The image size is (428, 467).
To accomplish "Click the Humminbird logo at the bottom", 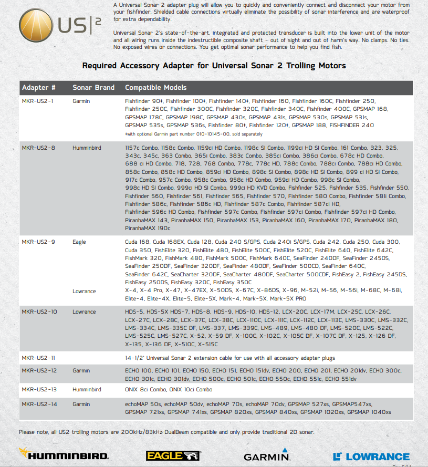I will (x=64, y=455).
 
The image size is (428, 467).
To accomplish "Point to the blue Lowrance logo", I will (x=371, y=456).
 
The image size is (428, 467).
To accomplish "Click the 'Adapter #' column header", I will (x=39, y=87).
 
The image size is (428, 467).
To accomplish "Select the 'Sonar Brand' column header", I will (x=93, y=87).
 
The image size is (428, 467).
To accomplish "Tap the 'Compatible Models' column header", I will (x=155, y=87).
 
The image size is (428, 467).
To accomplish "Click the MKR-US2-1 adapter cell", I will (x=37, y=100).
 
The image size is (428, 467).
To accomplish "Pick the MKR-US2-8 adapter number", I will (x=38, y=148).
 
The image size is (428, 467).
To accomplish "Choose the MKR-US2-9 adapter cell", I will (x=38, y=242).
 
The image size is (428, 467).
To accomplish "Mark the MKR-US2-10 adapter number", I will (x=39, y=312).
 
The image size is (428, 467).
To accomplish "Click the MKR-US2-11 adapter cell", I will (x=38, y=358).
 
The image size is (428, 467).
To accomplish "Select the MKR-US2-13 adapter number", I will (x=39, y=390).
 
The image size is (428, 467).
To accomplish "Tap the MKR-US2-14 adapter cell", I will (x=39, y=404).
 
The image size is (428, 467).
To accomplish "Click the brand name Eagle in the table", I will (x=79, y=242).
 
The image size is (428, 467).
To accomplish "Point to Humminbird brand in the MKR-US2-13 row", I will (x=87, y=390).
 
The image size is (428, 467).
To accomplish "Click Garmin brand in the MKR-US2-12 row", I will (x=81, y=371).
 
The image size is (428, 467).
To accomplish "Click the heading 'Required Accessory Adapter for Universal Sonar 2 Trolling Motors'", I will (x=214, y=66).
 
